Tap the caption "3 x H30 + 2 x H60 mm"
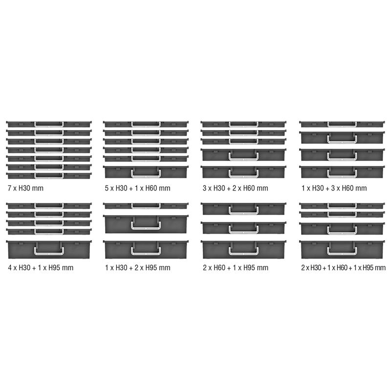(235, 188)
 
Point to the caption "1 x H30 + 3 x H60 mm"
(333, 188)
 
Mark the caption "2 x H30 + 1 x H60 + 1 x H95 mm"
(343, 267)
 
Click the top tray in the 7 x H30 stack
(49, 124)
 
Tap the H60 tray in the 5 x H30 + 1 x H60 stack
(146, 172)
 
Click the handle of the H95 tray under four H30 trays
(49, 251)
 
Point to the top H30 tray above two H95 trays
(146, 205)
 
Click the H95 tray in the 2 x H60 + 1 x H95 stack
(244, 249)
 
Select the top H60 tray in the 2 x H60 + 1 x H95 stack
(244, 209)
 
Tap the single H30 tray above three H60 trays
(342, 124)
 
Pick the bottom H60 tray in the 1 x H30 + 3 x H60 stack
(342, 172)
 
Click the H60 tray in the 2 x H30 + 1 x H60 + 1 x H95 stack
(342, 228)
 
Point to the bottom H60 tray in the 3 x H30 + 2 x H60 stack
(244, 172)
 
